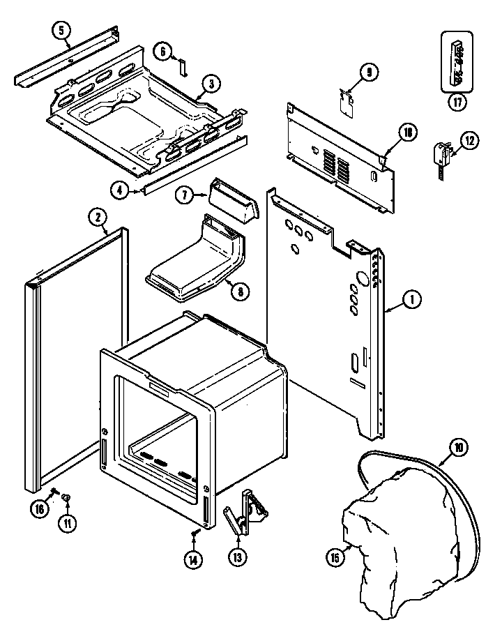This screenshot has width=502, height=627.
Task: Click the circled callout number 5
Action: [x=61, y=30]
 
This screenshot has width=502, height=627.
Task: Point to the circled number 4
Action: [x=119, y=189]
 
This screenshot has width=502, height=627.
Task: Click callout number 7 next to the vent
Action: [x=185, y=196]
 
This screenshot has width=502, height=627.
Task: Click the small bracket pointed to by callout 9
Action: [x=346, y=102]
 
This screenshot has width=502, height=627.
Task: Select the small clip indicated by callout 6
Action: [x=183, y=66]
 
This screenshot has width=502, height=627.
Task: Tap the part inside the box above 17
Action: [x=457, y=63]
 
